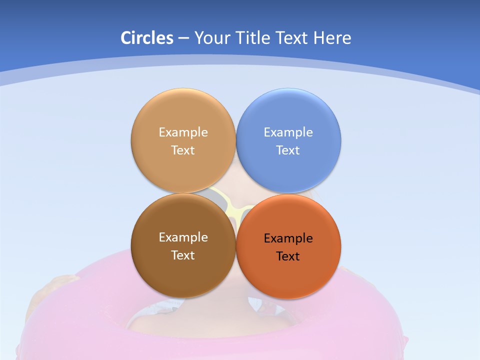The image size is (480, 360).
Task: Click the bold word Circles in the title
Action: [x=146, y=38]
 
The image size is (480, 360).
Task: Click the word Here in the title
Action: [x=332, y=38]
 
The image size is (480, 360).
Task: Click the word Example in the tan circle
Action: [x=183, y=132]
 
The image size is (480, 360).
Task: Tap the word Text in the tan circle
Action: [x=183, y=150]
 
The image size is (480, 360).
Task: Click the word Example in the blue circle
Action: [x=288, y=132]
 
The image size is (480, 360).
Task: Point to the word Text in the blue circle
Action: [x=288, y=150]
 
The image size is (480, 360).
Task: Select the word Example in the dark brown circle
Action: [x=183, y=237]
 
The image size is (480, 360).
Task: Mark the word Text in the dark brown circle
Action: [x=183, y=255]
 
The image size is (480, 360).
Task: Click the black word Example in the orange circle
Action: [x=288, y=238]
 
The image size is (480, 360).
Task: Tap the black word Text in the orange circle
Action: [x=288, y=256]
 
